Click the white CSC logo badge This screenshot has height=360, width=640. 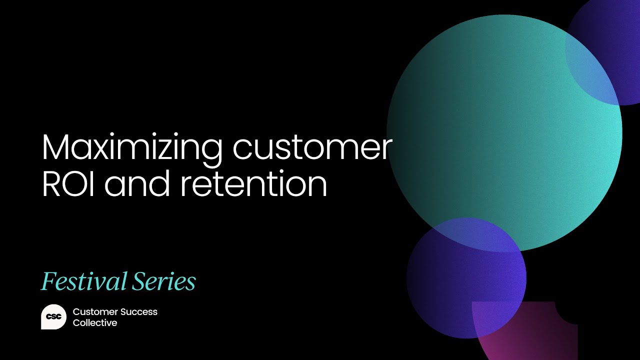pos(53,317)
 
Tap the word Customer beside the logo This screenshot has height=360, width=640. pos(93,311)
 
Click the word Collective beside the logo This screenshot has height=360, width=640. pos(95,323)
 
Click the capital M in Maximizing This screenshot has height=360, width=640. pos(55,148)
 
